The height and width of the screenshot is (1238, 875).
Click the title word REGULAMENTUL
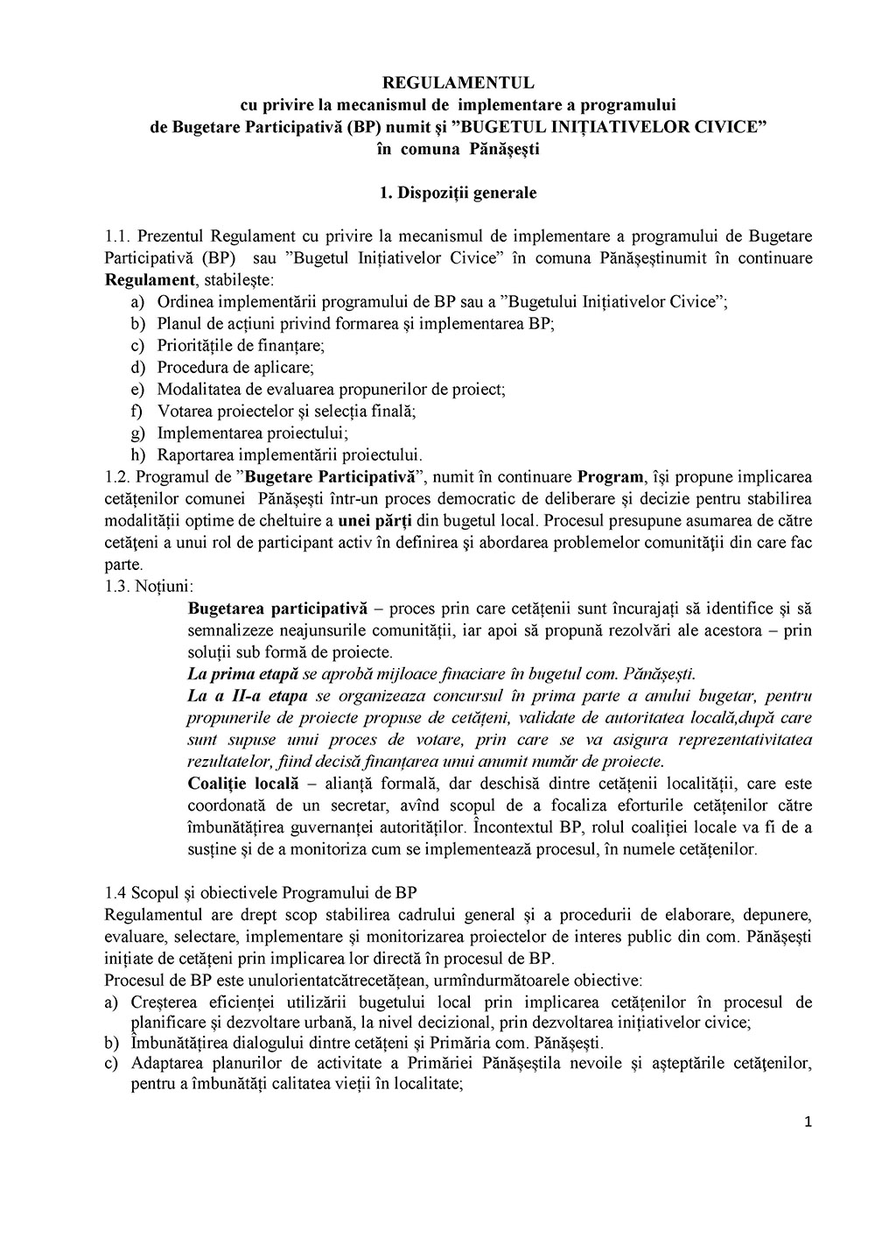[x=458, y=84]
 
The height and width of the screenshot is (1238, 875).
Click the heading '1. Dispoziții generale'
[x=458, y=192]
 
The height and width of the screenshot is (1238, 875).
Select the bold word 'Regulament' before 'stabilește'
[x=149, y=280]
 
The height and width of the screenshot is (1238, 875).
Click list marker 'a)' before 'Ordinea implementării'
[x=137, y=302]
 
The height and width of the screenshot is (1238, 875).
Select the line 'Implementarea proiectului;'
[x=241, y=433]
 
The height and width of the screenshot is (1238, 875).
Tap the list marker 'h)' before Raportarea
[x=137, y=455]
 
